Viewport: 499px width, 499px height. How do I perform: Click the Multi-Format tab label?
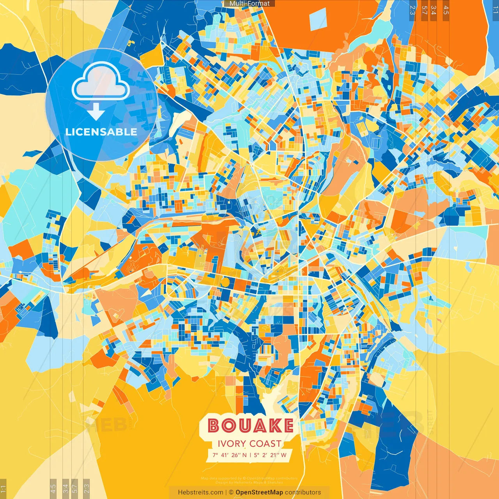pyautogui.click(x=249, y=4)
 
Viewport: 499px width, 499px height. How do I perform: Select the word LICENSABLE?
pyautogui.click(x=101, y=132)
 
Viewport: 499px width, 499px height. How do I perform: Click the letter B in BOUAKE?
pyautogui.click(x=213, y=425)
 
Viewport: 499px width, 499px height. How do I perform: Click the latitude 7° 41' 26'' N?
pyautogui.click(x=230, y=455)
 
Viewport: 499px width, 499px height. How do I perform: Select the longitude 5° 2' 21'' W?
pyautogui.click(x=270, y=455)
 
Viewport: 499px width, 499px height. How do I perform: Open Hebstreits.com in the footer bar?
pyautogui.click(x=200, y=492)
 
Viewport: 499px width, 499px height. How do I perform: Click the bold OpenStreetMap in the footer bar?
pyautogui.click(x=259, y=492)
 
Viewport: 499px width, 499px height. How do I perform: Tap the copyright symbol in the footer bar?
pyautogui.click(x=231, y=492)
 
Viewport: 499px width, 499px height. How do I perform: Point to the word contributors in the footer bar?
pyautogui.click(x=303, y=492)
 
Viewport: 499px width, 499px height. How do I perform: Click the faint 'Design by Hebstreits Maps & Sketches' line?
pyautogui.click(x=249, y=482)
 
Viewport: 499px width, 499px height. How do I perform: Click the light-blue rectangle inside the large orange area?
pyautogui.click(x=318, y=19)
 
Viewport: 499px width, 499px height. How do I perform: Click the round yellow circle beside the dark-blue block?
pyautogui.click(x=225, y=282)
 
